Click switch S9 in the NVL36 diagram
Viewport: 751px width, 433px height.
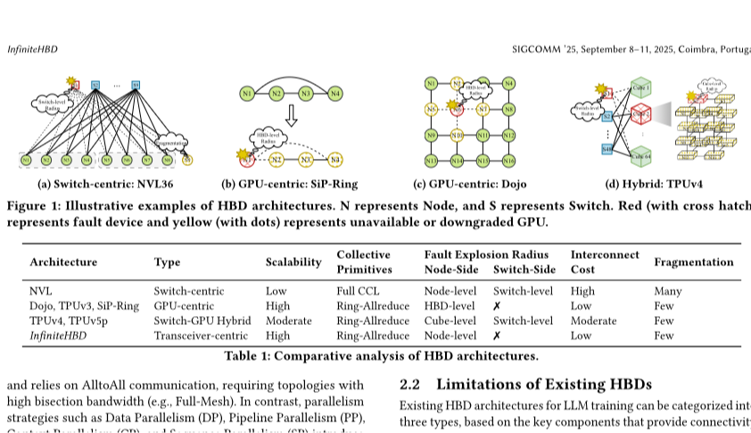[x=136, y=86]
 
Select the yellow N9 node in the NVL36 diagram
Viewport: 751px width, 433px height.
[x=186, y=160]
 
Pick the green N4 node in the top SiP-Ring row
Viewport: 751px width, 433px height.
[x=335, y=93]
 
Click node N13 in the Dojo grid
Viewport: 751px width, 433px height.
[x=432, y=161]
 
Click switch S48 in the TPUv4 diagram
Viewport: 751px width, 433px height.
[x=607, y=149]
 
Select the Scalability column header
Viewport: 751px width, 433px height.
[x=293, y=262]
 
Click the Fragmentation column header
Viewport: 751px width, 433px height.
[x=693, y=262]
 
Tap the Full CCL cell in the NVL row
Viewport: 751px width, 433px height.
[x=357, y=291]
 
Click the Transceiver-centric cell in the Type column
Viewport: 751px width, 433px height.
[x=201, y=336]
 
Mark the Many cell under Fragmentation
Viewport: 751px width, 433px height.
[x=667, y=291]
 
